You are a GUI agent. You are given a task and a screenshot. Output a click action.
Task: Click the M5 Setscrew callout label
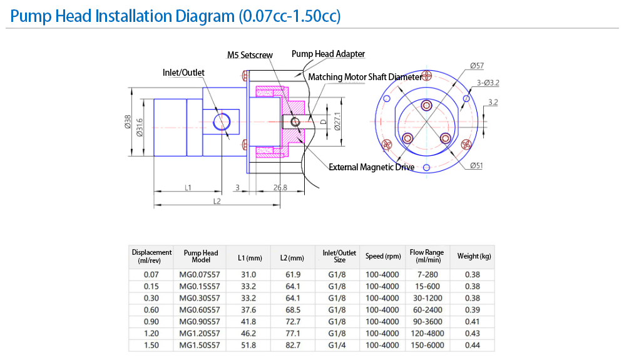pyautogui.click(x=250, y=55)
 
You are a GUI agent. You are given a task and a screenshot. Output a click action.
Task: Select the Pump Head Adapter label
pyautogui.click(x=329, y=54)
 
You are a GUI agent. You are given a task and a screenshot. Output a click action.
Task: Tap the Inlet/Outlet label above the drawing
pyautogui.click(x=183, y=73)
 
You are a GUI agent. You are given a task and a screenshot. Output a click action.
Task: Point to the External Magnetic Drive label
pyautogui.click(x=372, y=167)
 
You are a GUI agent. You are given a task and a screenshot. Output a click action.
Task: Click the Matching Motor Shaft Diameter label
pyautogui.click(x=365, y=77)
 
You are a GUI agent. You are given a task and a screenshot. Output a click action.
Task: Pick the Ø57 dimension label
pyautogui.click(x=477, y=66)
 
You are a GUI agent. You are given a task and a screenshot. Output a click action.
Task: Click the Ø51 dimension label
pyautogui.click(x=476, y=166)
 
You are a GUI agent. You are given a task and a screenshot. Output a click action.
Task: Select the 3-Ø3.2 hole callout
pyautogui.click(x=488, y=83)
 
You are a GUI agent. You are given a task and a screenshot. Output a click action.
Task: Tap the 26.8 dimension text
pyautogui.click(x=280, y=187)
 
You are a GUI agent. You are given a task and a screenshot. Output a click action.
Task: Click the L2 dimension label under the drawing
pyautogui.click(x=217, y=202)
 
